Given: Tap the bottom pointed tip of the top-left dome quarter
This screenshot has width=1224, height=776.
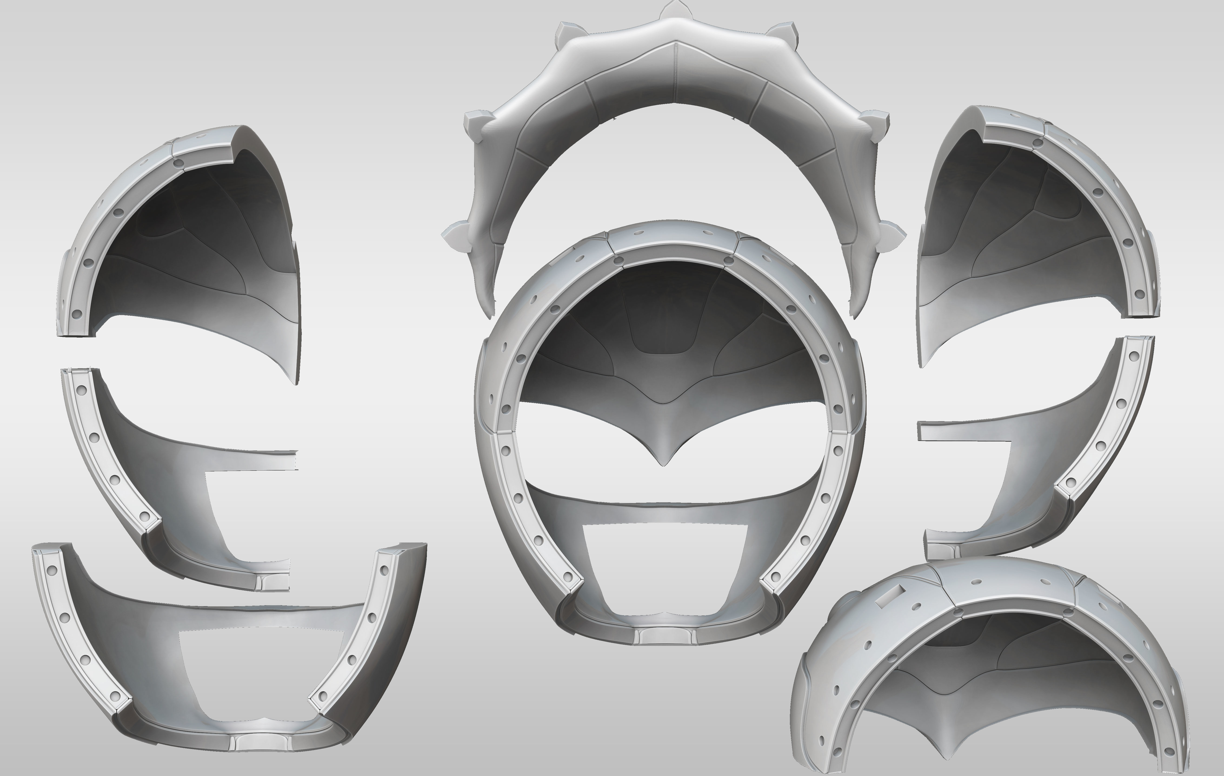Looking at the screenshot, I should point(297,381).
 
